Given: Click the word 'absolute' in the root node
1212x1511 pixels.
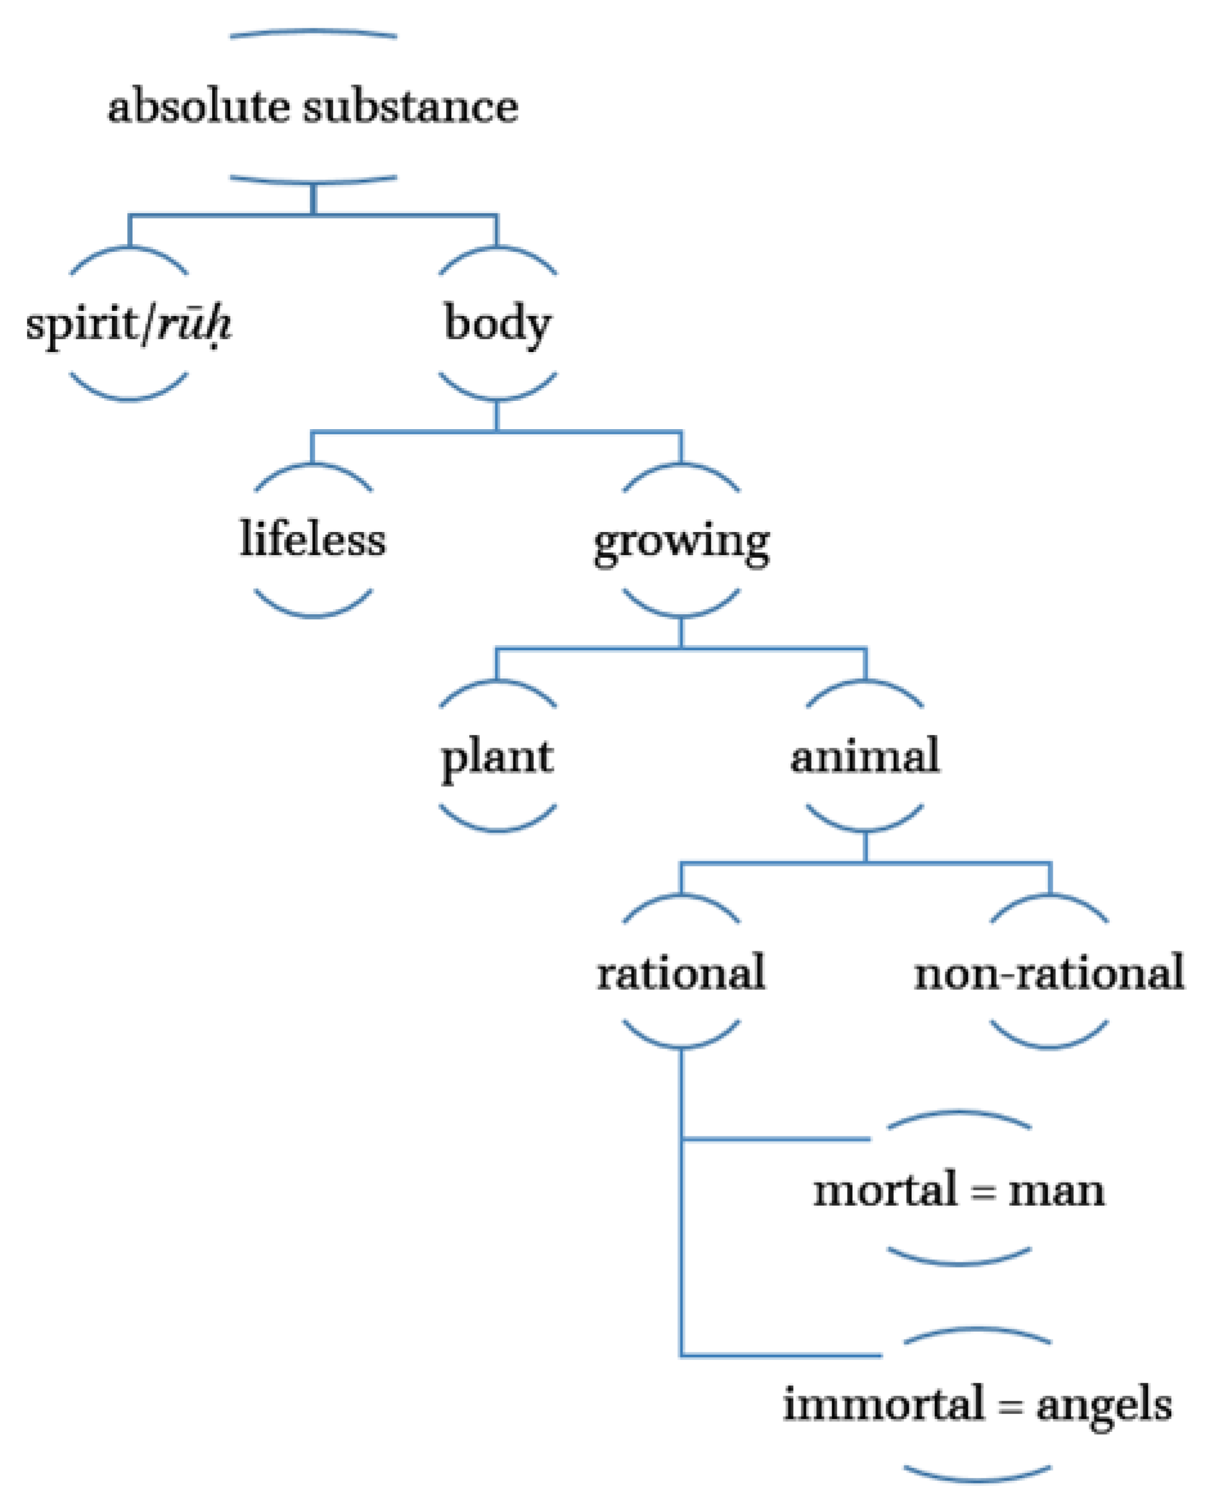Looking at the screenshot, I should pos(199,107).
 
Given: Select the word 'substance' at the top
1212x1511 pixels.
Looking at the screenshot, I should pos(411,107).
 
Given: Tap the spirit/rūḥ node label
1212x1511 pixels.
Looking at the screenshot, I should pos(129,324).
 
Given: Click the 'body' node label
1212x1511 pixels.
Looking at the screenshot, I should pos(497,324).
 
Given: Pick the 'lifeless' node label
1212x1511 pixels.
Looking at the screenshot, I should pos(312,540).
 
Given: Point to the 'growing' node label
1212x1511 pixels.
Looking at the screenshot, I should pos(681,542).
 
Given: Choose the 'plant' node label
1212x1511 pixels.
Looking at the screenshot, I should pos(497,757).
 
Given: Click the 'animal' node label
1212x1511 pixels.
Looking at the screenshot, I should pos(865,756).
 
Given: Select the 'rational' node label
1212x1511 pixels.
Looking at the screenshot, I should pos(681,973).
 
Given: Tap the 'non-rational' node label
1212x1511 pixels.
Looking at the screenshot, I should pos(1049,973).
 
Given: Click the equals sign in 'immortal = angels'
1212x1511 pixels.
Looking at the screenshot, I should pos(1010,1406).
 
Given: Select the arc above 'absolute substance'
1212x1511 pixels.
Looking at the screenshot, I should pos(314,31).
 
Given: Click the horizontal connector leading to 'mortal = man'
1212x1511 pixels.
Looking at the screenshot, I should pos(774,1139).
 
